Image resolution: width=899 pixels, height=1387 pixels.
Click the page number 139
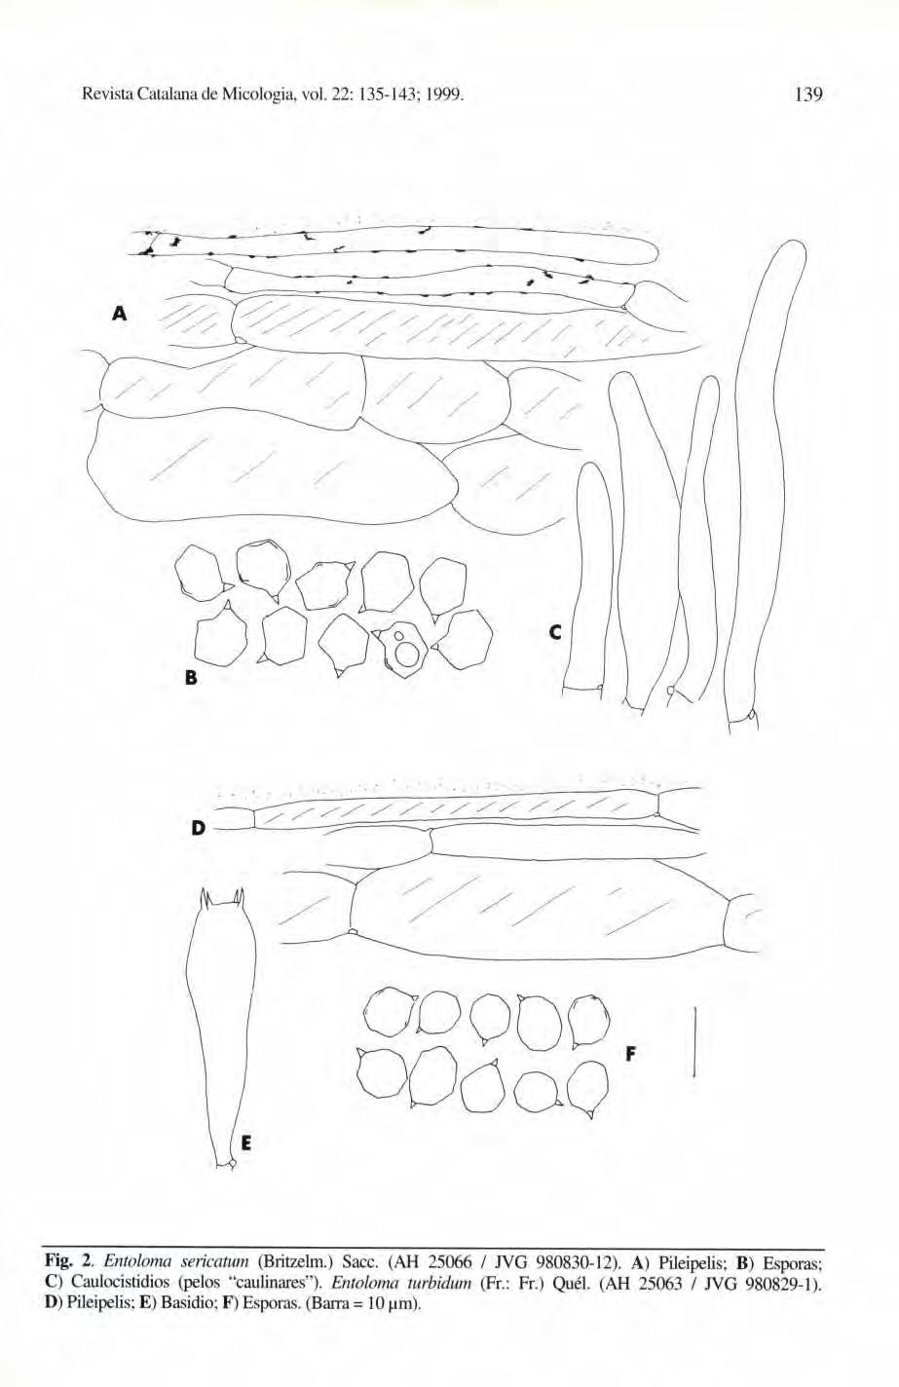809,95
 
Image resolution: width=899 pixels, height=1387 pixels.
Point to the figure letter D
198,829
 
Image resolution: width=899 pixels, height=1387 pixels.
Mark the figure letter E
246,1144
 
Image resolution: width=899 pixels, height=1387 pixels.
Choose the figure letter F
630,1055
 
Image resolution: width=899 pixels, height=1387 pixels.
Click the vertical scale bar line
695,1043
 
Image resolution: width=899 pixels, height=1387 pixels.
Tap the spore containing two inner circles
401,649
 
